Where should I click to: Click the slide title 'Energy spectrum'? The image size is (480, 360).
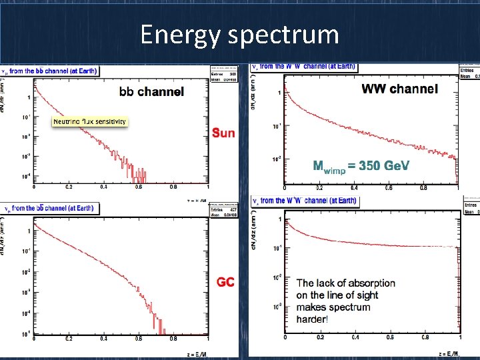click(x=239, y=35)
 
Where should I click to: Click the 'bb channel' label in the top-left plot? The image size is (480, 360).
click(x=151, y=92)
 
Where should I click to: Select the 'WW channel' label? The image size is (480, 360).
click(x=399, y=89)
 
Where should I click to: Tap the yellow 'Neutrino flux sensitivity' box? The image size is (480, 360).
click(x=89, y=122)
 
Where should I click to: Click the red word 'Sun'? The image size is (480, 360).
click(x=223, y=133)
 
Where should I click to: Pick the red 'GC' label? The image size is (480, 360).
click(x=225, y=282)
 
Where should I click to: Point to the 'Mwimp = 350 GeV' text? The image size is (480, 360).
click(x=361, y=166)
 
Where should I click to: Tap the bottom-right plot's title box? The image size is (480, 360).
click(x=305, y=201)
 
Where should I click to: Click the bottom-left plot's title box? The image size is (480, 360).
click(x=51, y=208)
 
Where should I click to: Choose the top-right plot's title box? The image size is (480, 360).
click(x=304, y=67)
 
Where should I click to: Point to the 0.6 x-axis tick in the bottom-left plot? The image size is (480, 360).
click(x=138, y=339)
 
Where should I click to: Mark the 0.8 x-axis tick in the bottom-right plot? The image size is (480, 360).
click(x=424, y=339)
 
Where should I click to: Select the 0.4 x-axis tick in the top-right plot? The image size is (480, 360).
click(x=354, y=188)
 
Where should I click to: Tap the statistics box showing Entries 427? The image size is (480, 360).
click(x=223, y=211)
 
